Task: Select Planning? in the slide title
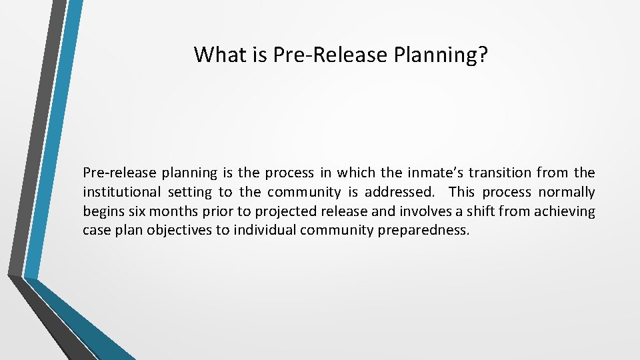(441, 55)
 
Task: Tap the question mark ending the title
(483, 55)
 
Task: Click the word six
(133, 212)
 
